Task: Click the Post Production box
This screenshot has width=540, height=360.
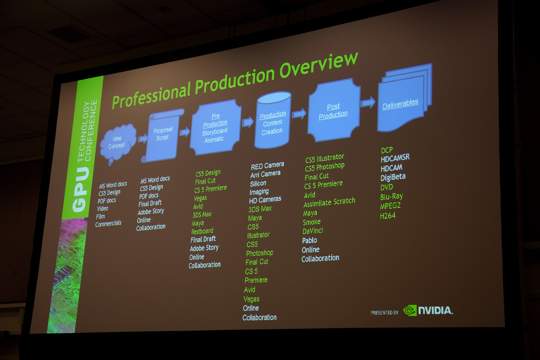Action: tap(334, 110)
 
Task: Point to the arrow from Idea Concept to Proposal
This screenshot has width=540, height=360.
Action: tap(142, 138)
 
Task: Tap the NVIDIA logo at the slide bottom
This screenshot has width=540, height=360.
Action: tap(428, 310)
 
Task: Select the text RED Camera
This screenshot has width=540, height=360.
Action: tap(267, 166)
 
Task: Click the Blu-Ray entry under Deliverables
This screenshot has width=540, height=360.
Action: tap(391, 197)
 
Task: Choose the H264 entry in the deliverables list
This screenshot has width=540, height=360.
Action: tap(388, 216)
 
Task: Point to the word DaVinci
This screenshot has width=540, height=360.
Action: tap(313, 231)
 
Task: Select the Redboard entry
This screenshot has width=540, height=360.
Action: tap(202, 231)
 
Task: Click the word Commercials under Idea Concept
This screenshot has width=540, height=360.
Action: tap(108, 223)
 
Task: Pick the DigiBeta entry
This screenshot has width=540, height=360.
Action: tap(393, 177)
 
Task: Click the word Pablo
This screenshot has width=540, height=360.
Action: tap(309, 240)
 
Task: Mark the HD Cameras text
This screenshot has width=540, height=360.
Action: tap(265, 200)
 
